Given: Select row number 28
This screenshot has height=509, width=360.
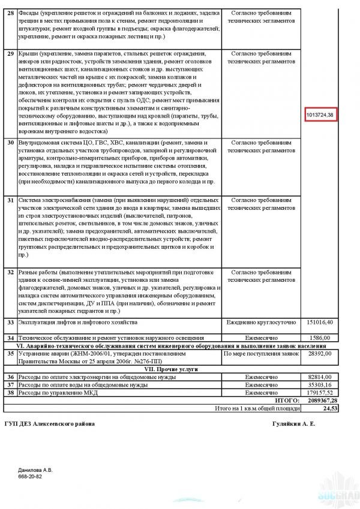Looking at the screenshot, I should pyautogui.click(x=10, y=13).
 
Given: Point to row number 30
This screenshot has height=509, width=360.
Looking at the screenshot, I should pyautogui.click(x=10, y=143).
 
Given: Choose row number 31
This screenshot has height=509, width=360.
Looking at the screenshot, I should pyautogui.click(x=10, y=200).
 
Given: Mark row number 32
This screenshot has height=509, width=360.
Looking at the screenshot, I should pyautogui.click(x=10, y=272).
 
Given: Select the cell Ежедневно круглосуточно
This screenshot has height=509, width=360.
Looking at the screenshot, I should pyautogui.click(x=261, y=323).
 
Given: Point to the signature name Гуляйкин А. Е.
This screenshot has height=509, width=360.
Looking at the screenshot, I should pyautogui.click(x=293, y=424).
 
